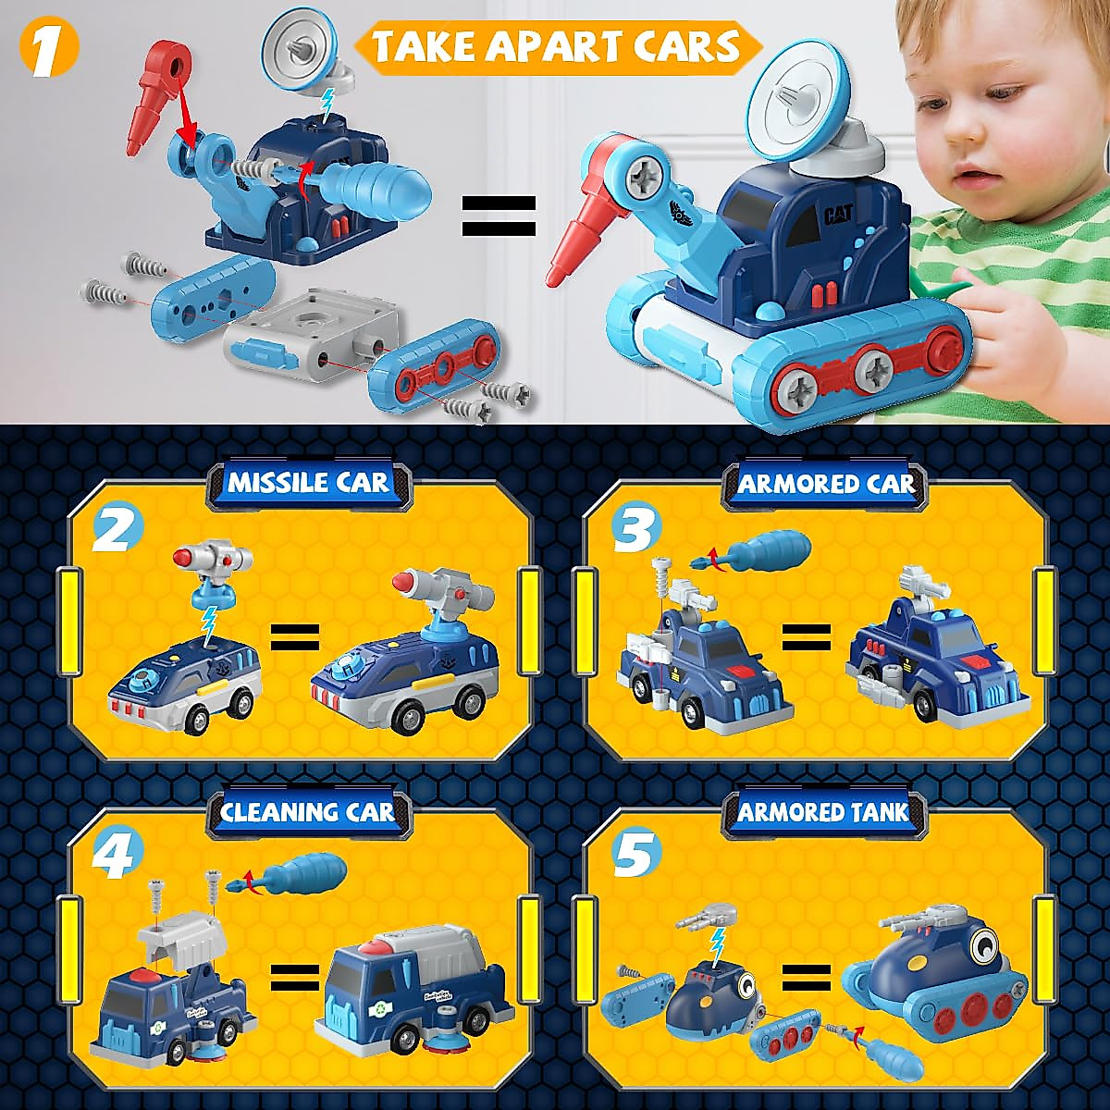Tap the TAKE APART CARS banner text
(557, 45)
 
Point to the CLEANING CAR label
(307, 812)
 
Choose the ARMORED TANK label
(824, 812)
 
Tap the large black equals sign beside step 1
(499, 216)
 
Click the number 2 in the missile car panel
(118, 531)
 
